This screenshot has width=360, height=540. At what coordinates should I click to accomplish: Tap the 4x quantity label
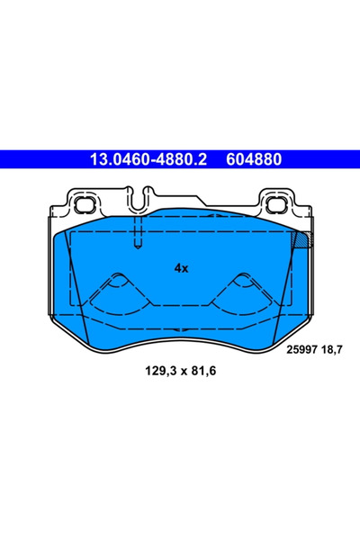tap(180, 267)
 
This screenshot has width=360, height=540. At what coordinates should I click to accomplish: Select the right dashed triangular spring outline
tap(241, 292)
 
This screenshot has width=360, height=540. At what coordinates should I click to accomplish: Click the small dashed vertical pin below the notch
tap(137, 237)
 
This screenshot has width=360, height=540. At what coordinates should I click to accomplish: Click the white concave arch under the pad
tap(180, 346)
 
